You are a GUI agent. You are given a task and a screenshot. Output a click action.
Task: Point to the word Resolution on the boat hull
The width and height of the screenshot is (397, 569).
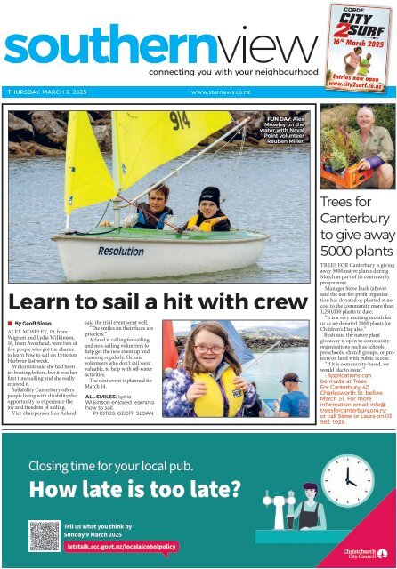pyautogui.click(x=122, y=252)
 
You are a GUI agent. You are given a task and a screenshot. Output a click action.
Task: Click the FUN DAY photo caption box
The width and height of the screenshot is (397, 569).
pyautogui.click(x=286, y=130)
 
